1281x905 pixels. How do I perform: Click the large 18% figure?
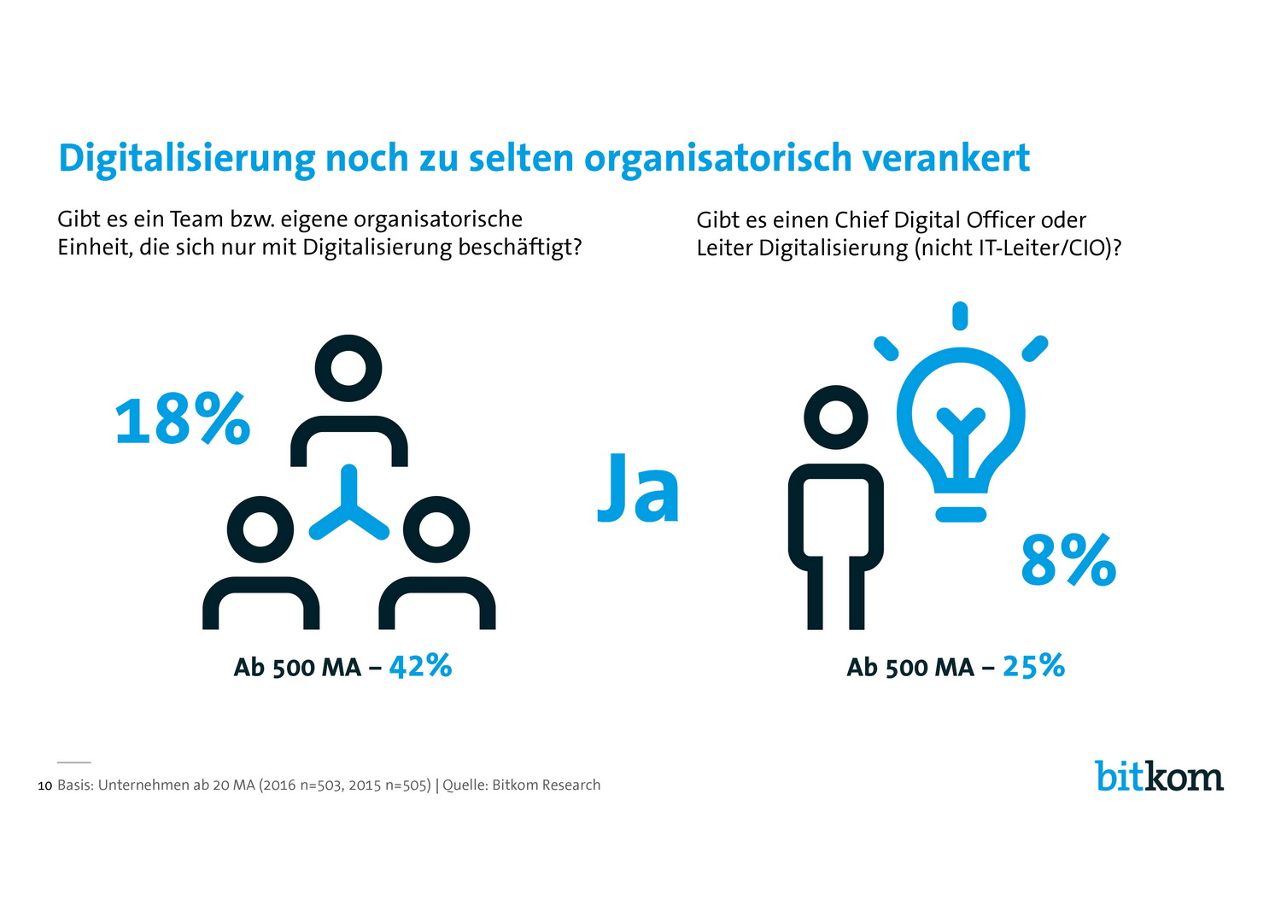click(182, 419)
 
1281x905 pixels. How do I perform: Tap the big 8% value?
click(1068, 560)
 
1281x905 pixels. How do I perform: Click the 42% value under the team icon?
click(420, 666)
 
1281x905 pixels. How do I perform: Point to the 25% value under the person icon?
click(1033, 666)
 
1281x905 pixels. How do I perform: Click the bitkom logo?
click(1159, 775)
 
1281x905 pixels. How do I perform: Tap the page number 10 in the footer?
click(45, 785)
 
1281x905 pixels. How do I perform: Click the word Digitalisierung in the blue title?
click(186, 158)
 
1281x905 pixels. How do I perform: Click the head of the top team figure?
click(348, 369)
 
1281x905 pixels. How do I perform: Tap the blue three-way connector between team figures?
click(348, 508)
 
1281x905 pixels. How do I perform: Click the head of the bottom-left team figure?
click(260, 529)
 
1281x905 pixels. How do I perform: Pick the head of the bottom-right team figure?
click(436, 529)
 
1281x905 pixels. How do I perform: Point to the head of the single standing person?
click(835, 418)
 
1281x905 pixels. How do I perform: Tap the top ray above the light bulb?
click(960, 315)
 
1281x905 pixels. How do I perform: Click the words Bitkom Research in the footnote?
click(546, 785)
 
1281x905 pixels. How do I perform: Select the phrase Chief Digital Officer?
click(934, 220)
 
